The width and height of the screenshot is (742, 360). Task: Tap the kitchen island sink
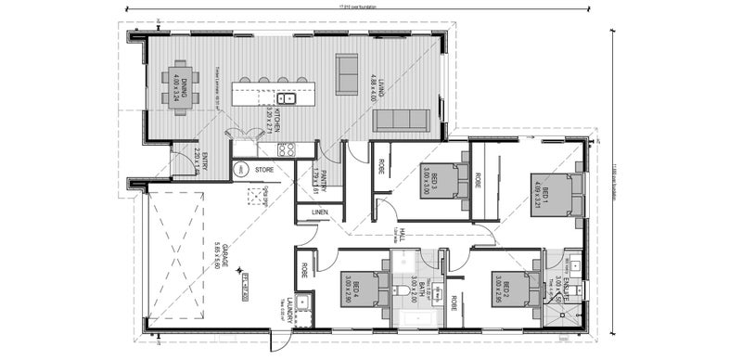(x=287, y=96)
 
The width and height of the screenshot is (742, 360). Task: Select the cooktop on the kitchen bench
(x=288, y=148)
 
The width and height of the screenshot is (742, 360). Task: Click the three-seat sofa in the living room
(x=402, y=120)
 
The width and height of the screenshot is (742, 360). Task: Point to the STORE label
(x=263, y=170)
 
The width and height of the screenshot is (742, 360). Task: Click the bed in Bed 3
(x=445, y=181)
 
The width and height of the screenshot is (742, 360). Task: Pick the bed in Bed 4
(x=371, y=289)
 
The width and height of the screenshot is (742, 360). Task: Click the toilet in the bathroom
(x=401, y=294)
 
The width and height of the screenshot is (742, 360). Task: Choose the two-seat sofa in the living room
(x=347, y=68)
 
